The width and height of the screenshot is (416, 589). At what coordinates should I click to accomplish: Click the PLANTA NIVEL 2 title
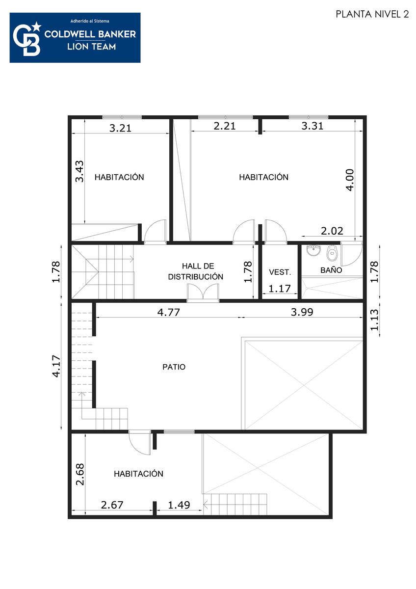(x=372, y=14)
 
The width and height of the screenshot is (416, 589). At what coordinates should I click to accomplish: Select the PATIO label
(x=174, y=367)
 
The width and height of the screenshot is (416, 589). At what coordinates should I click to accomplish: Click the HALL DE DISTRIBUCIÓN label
(x=196, y=271)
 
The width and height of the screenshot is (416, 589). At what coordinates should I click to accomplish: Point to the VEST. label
(x=280, y=272)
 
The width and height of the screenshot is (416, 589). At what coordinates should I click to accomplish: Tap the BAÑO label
(x=331, y=270)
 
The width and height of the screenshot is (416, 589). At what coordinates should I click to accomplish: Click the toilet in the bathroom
(x=332, y=253)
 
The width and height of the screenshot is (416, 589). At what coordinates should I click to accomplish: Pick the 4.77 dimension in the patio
(x=168, y=312)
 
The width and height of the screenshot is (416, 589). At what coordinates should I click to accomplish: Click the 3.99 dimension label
(x=302, y=312)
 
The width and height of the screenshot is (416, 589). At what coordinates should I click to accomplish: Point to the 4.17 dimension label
(x=56, y=366)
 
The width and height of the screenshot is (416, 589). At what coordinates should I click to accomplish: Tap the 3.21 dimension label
(x=120, y=128)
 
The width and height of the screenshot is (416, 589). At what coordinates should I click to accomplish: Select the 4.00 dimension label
(x=350, y=180)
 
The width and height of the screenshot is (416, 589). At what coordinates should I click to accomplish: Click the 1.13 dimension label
(x=374, y=320)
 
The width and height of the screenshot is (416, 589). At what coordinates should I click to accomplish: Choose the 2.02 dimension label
(x=332, y=231)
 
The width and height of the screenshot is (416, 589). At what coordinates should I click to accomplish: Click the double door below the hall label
(x=203, y=292)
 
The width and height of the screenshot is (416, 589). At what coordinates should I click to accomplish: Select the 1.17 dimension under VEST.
(x=279, y=289)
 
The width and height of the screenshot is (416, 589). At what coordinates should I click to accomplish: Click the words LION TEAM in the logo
(x=91, y=47)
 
